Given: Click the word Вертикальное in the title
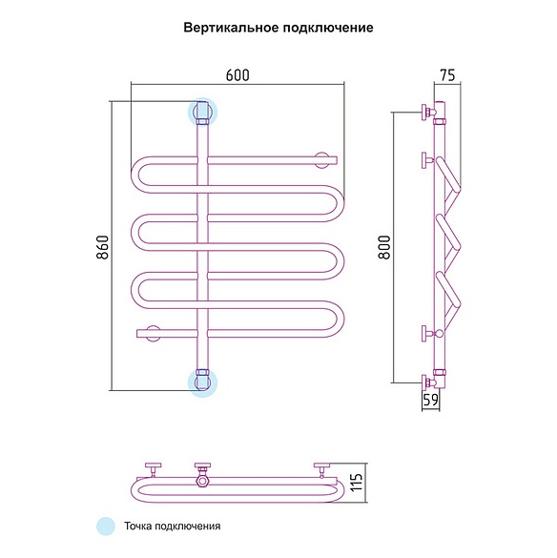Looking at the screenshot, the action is (232, 28).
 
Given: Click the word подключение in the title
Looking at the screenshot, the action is (328, 28).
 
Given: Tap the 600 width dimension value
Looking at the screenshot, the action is (237, 75).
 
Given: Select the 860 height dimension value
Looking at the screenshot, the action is (103, 247).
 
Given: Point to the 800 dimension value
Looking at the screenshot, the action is (384, 247).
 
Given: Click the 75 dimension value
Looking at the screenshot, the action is (447, 75).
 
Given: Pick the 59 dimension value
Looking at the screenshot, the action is (431, 400).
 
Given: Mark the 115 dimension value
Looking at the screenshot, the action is (357, 483).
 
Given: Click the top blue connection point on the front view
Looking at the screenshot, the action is (202, 112).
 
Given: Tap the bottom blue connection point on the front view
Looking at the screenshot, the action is (202, 382).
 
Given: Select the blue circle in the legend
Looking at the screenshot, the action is (106, 526).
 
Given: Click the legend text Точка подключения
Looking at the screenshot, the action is (173, 526).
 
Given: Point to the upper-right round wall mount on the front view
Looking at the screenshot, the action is (321, 160).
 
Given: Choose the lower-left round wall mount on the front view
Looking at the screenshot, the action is (154, 334).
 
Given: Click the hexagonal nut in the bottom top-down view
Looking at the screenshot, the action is (203, 482).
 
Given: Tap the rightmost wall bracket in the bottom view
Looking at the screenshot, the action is (322, 469).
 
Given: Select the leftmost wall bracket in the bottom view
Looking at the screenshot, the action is (153, 469).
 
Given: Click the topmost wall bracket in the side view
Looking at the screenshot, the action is (428, 113).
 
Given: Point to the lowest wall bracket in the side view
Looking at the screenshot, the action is (428, 382).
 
